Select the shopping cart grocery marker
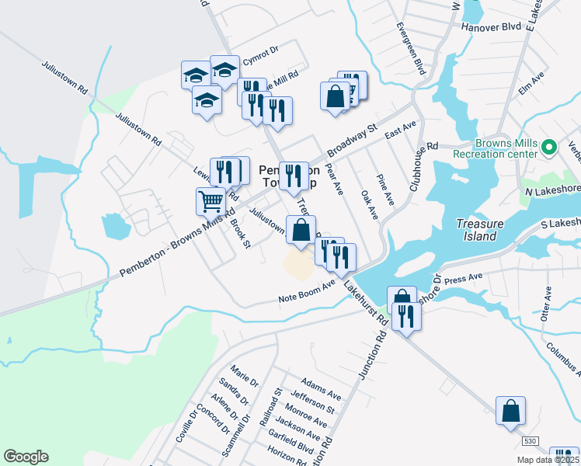(211, 202)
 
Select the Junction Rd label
(373, 354)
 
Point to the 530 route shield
(530, 441)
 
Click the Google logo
(26, 457)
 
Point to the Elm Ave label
(532, 82)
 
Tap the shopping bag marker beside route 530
(511, 412)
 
